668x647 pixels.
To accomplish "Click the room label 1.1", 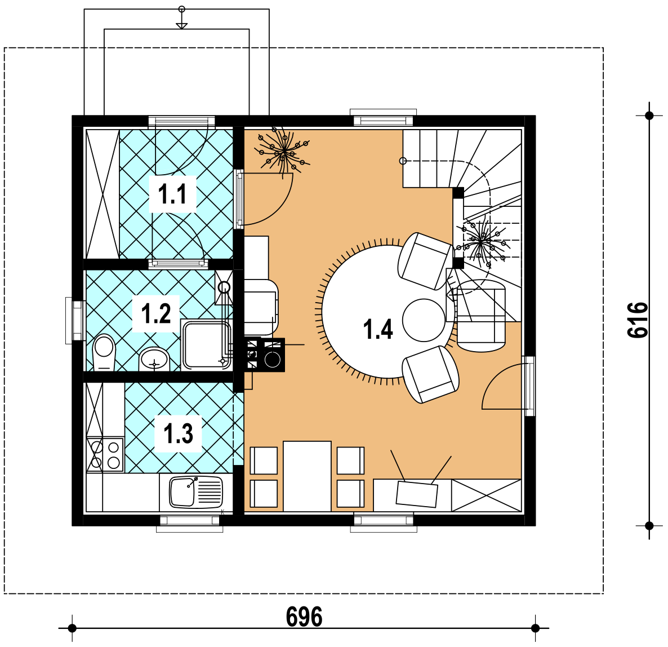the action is [172, 194].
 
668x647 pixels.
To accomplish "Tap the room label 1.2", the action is [156, 313].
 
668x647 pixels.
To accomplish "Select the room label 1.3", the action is [178, 433].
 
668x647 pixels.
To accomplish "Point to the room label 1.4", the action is [378, 329].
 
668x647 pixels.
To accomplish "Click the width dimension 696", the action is [304, 617].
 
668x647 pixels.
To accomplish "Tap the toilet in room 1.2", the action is [104, 352].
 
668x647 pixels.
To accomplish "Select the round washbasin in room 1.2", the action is [154, 360].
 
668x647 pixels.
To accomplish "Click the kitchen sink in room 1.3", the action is [196, 492].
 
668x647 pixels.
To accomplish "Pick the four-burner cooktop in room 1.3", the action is [105, 455].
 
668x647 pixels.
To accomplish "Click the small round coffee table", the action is [424, 320].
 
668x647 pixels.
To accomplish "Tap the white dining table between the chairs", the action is [307, 476].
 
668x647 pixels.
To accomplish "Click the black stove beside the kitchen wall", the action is [265, 354].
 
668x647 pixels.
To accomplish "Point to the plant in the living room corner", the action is [282, 152].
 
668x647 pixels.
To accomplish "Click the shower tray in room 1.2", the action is [206, 345].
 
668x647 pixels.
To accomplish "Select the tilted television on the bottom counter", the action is [417, 494].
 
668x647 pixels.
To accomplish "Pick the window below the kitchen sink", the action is [190, 523].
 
